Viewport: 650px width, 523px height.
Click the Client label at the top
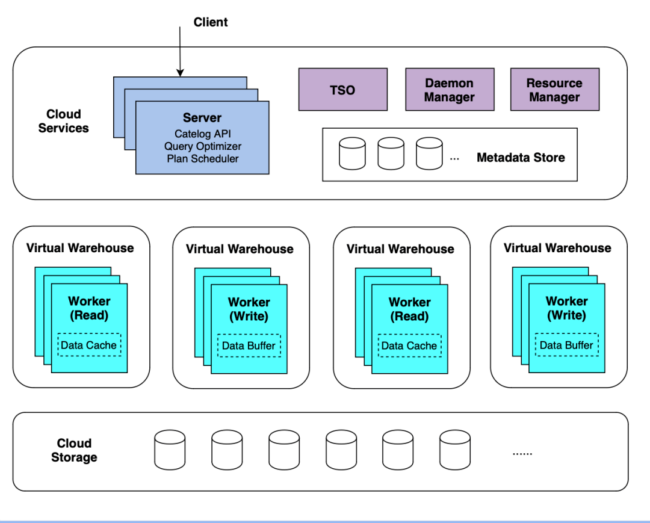pyautogui.click(x=211, y=22)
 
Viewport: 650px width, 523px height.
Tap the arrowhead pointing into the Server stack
pyautogui.click(x=180, y=73)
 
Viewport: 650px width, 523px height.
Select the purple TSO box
pyautogui.click(x=343, y=90)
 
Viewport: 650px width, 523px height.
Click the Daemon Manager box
pyautogui.click(x=450, y=90)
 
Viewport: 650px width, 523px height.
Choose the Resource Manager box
pyautogui.click(x=555, y=90)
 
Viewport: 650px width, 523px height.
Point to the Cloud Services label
pyautogui.click(x=63, y=121)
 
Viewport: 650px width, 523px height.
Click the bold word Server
pyautogui.click(x=202, y=118)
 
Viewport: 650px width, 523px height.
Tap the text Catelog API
pyautogui.click(x=203, y=134)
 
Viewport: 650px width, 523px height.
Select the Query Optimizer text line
pyautogui.click(x=203, y=146)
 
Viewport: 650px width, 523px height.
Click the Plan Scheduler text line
pyautogui.click(x=203, y=159)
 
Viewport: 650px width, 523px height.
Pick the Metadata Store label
pyautogui.click(x=521, y=158)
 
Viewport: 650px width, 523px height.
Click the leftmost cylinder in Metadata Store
pyautogui.click(x=352, y=153)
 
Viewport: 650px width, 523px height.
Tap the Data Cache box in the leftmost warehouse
pyautogui.click(x=89, y=345)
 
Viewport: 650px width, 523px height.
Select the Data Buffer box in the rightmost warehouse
pyautogui.click(x=567, y=345)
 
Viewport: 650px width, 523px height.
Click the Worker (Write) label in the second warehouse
pyautogui.click(x=249, y=309)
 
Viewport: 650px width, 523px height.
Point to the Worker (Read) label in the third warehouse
pyautogui.click(x=410, y=309)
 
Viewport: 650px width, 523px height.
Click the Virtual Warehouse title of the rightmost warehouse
pyautogui.click(x=557, y=248)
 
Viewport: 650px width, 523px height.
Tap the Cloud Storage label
pyautogui.click(x=74, y=450)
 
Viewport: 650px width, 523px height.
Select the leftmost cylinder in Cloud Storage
pyautogui.click(x=170, y=450)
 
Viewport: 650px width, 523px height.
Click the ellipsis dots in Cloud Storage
pyautogui.click(x=522, y=454)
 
